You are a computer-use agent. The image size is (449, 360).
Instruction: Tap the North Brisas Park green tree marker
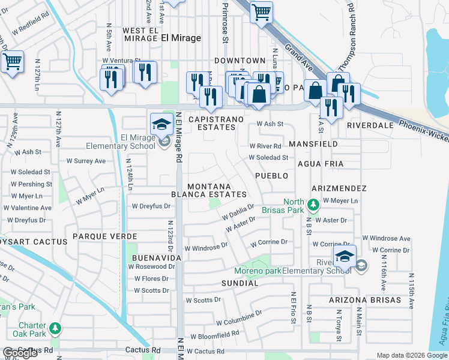click(312, 205)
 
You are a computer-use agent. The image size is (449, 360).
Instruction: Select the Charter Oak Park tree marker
click(55, 328)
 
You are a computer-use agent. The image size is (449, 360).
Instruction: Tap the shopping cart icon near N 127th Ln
click(12, 61)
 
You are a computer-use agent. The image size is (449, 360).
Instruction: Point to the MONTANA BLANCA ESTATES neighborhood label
click(209, 191)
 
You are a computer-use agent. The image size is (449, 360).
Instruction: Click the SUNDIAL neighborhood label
click(240, 283)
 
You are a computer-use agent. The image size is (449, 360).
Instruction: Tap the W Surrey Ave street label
click(86, 161)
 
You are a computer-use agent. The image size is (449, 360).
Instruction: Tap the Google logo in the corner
click(20, 353)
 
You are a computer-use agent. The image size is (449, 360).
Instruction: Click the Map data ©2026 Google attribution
click(412, 355)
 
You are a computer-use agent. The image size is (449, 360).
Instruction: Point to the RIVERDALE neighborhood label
click(369, 125)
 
